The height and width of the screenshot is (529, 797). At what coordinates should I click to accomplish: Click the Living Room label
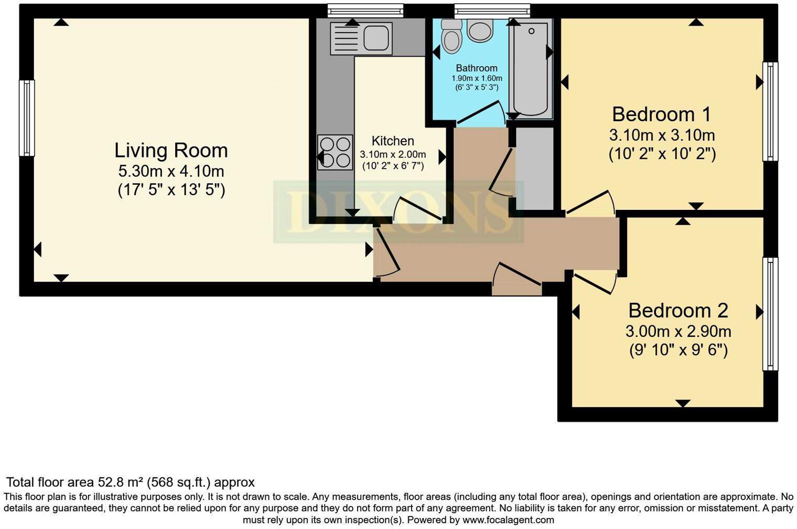[x=171, y=151]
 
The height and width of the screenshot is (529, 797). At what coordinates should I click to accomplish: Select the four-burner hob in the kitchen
[x=335, y=153]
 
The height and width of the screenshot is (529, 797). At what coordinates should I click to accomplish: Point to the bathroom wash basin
[x=480, y=30]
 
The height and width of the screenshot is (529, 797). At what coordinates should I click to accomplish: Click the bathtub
[x=531, y=68]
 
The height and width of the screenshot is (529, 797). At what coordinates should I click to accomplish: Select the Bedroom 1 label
[x=662, y=114]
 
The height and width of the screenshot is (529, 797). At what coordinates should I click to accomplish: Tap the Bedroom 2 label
[x=678, y=310]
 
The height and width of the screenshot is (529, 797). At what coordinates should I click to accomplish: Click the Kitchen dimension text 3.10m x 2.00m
[x=393, y=155]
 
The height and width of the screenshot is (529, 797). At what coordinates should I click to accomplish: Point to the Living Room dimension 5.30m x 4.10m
[x=171, y=171]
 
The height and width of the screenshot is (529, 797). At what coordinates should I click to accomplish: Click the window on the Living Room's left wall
[x=27, y=118]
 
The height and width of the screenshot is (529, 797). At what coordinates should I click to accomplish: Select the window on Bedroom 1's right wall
[x=770, y=111]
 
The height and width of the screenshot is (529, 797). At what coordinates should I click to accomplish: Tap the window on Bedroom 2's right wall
[x=770, y=314]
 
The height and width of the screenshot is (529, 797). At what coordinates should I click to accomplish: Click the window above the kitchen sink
[x=365, y=10]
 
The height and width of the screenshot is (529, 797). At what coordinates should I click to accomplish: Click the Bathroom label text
[x=477, y=68]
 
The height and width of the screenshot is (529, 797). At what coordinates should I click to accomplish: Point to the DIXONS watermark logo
[x=399, y=212]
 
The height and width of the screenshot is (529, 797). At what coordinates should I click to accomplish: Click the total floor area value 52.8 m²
[x=121, y=482]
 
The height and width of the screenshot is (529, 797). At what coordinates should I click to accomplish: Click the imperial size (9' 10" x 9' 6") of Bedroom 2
[x=678, y=350]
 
